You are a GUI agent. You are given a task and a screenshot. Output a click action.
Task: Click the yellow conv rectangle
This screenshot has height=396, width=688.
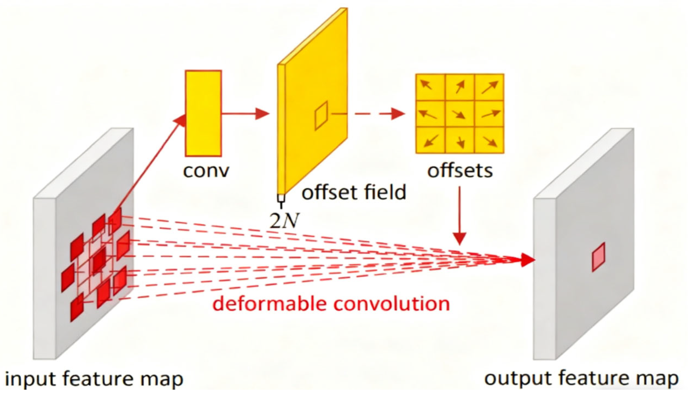(x=203, y=113)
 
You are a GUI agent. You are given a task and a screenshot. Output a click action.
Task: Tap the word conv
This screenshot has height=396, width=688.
(x=206, y=171)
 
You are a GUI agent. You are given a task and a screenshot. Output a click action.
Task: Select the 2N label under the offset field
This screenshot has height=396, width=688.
(x=284, y=220)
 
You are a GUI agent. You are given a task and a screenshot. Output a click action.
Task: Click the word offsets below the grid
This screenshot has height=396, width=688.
(x=460, y=171)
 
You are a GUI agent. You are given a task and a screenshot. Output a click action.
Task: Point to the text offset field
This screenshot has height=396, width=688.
(x=354, y=192)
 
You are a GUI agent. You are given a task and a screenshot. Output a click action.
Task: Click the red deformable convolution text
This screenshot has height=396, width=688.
(x=331, y=304)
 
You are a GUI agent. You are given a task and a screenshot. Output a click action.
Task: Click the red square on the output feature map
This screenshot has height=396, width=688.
(x=599, y=257)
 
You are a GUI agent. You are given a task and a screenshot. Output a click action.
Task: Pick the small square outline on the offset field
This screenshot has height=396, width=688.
(x=321, y=115)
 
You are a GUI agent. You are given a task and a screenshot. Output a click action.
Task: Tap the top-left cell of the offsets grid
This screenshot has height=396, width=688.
(x=430, y=87)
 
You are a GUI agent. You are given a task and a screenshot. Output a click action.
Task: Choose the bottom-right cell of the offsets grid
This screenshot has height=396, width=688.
(x=489, y=140)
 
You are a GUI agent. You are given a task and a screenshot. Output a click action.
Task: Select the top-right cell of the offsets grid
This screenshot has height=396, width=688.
(x=489, y=87)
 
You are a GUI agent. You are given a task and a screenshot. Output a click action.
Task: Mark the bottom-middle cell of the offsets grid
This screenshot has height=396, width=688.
(x=460, y=140)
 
